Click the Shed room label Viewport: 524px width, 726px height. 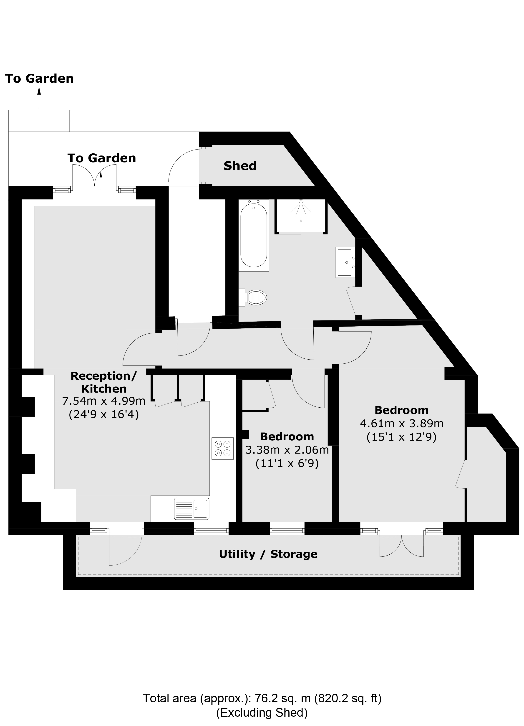point(240,166)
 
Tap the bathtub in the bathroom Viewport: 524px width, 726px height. point(254,235)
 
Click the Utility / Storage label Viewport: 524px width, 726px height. point(268,554)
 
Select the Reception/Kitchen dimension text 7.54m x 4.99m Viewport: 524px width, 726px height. point(104,401)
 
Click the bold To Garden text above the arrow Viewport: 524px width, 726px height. point(39,79)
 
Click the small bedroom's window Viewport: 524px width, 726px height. point(287,531)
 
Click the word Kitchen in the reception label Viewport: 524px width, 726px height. point(104,389)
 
